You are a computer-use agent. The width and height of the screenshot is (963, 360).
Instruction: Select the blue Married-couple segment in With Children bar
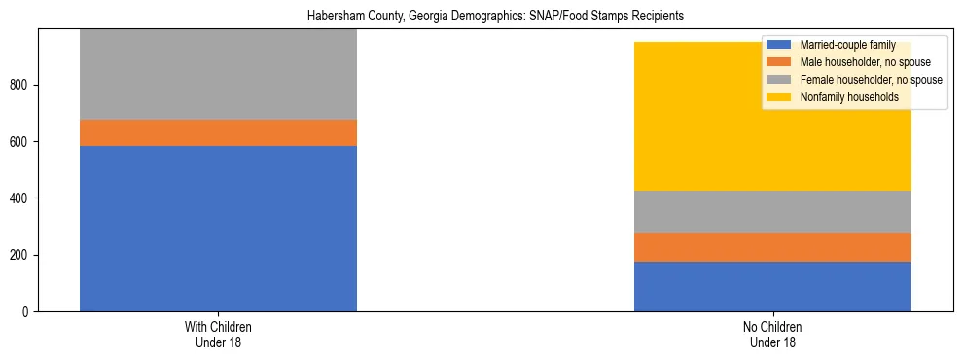coord(218,229)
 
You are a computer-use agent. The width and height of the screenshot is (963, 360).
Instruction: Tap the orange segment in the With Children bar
coord(218,132)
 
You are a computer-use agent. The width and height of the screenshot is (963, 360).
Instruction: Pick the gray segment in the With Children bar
coord(218,75)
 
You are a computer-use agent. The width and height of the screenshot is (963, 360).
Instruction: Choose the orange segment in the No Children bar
coord(772,247)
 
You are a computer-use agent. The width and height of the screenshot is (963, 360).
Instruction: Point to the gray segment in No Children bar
coord(772,211)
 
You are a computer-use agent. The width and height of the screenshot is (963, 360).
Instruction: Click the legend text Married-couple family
coord(847,45)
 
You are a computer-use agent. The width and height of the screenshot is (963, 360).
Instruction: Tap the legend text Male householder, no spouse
coord(862,62)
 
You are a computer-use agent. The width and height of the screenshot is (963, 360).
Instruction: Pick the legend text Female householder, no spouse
coord(871,80)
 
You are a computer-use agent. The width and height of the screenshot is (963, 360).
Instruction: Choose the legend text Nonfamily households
coord(849,97)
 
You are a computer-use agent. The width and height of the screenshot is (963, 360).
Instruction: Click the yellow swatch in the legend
coord(779,97)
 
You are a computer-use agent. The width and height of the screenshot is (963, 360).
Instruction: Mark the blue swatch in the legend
coord(779,45)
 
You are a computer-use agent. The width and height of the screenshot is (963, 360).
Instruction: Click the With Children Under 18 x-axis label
coord(218,335)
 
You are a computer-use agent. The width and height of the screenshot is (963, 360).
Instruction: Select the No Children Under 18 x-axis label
coord(772,335)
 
